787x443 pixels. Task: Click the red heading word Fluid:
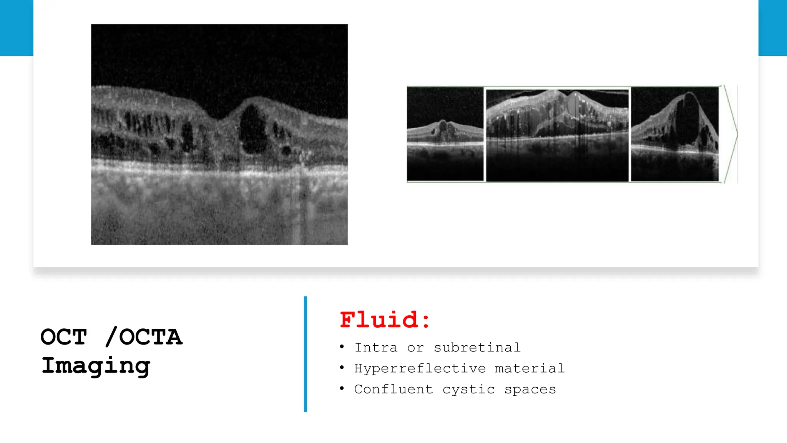tap(385, 320)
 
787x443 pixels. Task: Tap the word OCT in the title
tap(64, 337)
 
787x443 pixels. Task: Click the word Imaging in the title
tap(96, 366)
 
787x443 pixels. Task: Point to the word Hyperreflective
tap(420, 368)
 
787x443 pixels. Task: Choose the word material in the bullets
tap(530, 368)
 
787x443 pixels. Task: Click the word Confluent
tap(393, 389)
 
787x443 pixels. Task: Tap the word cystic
tap(468, 390)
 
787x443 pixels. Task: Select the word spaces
tap(530, 390)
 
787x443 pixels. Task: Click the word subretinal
tap(477, 348)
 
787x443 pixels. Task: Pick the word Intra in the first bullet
tap(376, 348)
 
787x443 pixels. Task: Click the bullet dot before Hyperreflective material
tap(342, 368)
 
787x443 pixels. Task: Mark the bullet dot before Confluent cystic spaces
tap(342, 389)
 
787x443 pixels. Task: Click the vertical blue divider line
tap(306, 354)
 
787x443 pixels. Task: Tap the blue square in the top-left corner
tap(17, 28)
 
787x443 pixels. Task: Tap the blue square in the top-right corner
tap(772, 28)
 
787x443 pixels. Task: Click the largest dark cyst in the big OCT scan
tap(252, 129)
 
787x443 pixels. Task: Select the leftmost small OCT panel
tap(445, 134)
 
